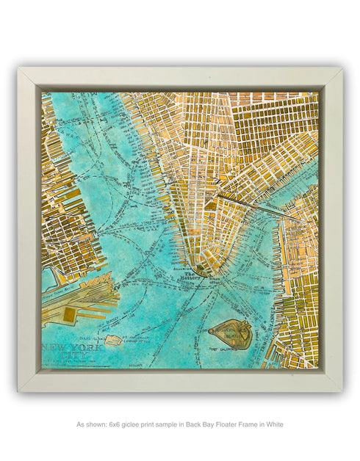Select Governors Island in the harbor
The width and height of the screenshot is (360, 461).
click(x=232, y=335)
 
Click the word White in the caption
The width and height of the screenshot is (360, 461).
click(x=272, y=424)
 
